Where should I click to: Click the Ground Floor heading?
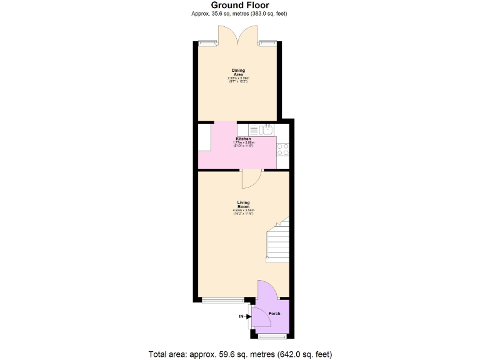[240, 5]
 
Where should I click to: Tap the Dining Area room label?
[238, 72]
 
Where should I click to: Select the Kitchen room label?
[243, 139]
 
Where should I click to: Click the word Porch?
[274, 313]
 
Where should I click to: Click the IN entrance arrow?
[243, 317]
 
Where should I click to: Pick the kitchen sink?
[266, 129]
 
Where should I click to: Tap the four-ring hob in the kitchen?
[282, 149]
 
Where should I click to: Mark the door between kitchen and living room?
[251, 178]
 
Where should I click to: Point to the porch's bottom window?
[273, 336]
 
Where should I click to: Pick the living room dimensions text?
[243, 212]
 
